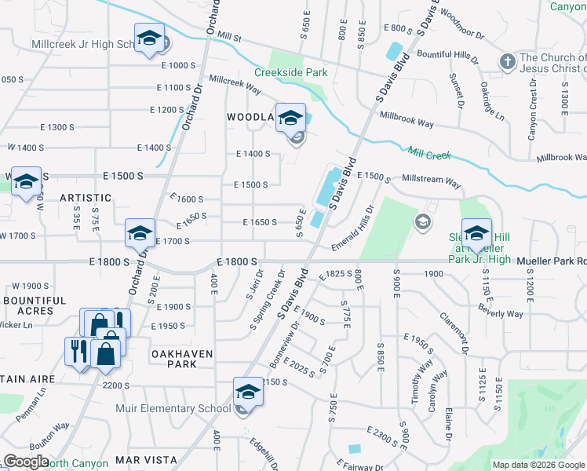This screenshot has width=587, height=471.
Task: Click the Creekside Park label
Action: click(x=290, y=72)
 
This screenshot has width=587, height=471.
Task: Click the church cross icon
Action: click(x=507, y=60)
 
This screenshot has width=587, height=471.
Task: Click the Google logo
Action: click(x=26, y=462)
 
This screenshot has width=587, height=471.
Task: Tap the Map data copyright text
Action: click(x=538, y=465)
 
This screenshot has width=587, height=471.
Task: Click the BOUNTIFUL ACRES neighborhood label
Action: click(x=35, y=305)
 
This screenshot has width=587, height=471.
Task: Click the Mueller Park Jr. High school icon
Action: click(x=476, y=233)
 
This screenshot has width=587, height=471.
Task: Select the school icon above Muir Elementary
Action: click(x=248, y=391)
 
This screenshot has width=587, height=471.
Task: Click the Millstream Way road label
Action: click(x=431, y=181)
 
